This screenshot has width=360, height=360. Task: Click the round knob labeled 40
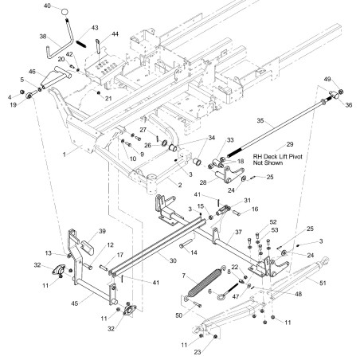[x=65, y=12]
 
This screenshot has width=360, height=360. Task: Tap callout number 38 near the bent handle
[x=43, y=36]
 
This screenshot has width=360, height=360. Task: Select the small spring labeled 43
[x=81, y=44]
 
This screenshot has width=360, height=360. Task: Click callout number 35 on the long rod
[x=260, y=120]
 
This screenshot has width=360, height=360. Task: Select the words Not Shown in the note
[x=268, y=162]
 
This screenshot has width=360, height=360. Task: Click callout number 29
[x=290, y=144]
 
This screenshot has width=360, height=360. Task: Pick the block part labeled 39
[x=87, y=248]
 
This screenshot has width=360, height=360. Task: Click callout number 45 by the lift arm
[x=75, y=303]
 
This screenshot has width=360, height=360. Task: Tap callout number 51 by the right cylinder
[x=323, y=283]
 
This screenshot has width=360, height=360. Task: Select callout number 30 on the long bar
[x=173, y=260]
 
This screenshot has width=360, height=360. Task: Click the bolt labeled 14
[x=186, y=244]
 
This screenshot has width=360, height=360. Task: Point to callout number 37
[x=238, y=232]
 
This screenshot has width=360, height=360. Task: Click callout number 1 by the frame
[x=64, y=154]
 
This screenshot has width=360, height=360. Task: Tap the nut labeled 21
[x=99, y=93]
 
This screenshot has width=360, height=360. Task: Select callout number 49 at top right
[x=327, y=79]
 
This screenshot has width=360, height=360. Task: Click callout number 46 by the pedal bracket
[x=32, y=72]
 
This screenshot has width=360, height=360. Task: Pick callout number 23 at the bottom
[x=198, y=352]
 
